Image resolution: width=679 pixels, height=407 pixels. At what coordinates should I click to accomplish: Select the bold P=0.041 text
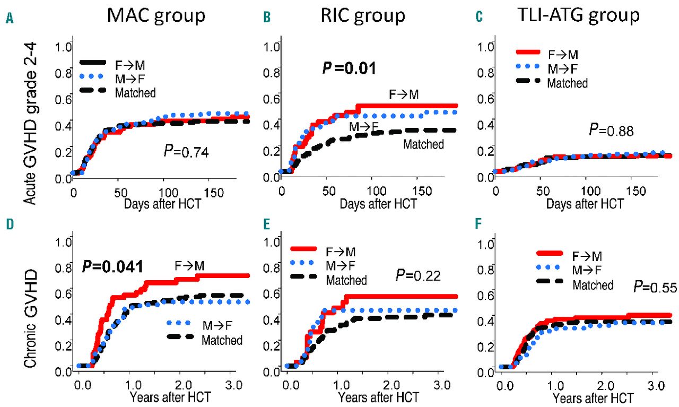pos(112,265)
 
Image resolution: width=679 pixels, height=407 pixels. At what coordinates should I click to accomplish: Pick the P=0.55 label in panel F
pos(656,287)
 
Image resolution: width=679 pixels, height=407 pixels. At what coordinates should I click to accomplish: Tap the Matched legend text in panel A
pos(137,93)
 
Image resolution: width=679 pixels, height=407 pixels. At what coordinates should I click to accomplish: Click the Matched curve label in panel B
pos(423,144)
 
